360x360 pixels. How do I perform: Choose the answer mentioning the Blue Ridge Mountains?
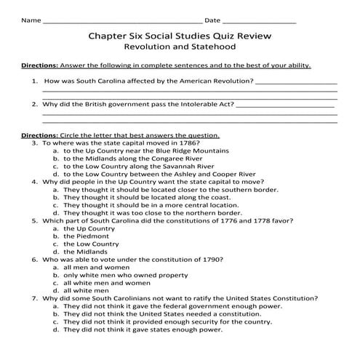click(x=145, y=151)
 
